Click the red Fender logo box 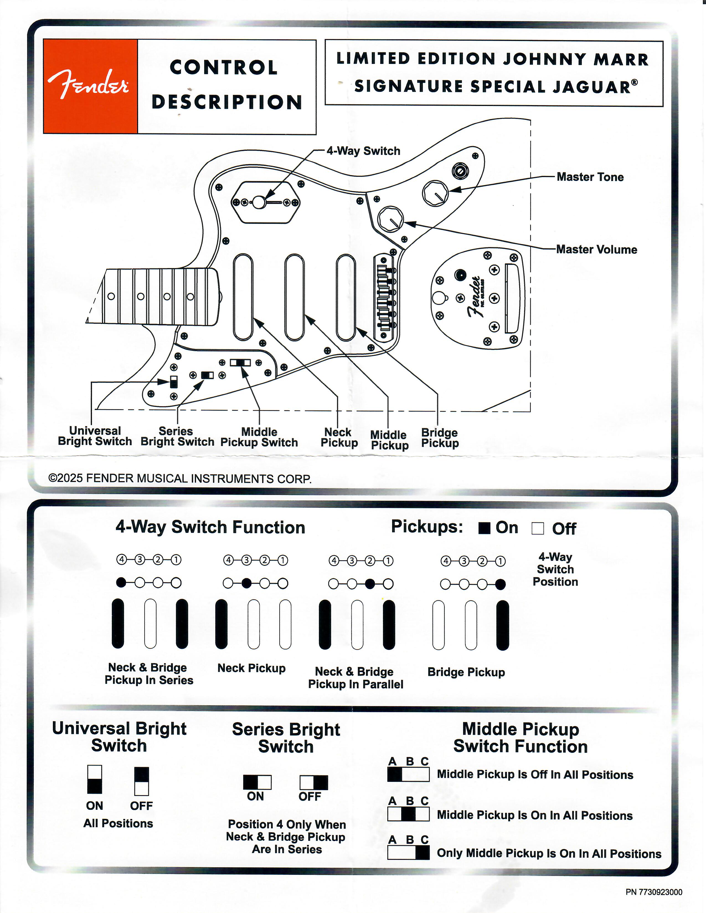pyautogui.click(x=90, y=87)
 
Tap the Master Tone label pyautogui.click(x=590, y=177)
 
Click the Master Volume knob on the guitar pyautogui.click(x=390, y=219)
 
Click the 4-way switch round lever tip pyautogui.click(x=259, y=202)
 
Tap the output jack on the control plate pyautogui.click(x=460, y=171)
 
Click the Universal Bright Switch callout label pyautogui.click(x=95, y=436)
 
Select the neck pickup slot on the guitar pyautogui.click(x=243, y=297)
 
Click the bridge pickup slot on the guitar pyautogui.click(x=346, y=297)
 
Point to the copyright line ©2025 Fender pyautogui.click(x=180, y=479)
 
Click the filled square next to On pyautogui.click(x=484, y=528)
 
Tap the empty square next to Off pyautogui.click(x=537, y=529)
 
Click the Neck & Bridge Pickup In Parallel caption pyautogui.click(x=355, y=678)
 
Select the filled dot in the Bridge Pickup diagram pyautogui.click(x=500, y=584)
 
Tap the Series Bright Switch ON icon pyautogui.click(x=257, y=782)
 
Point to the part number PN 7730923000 pyautogui.click(x=654, y=892)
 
